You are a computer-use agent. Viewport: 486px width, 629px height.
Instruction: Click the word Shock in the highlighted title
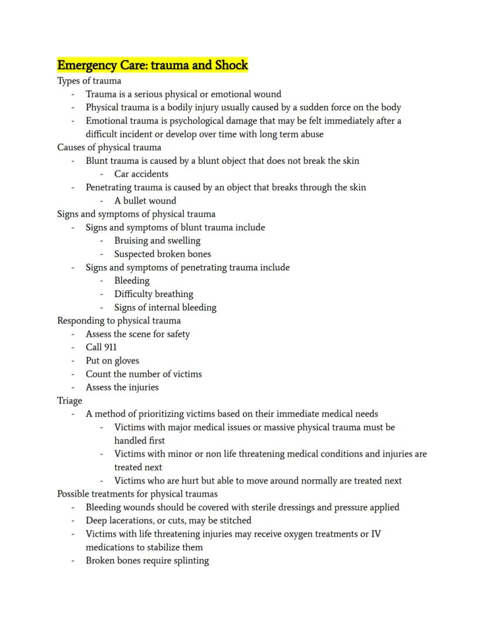(x=231, y=65)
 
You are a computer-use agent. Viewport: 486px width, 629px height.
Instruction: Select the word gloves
(x=126, y=361)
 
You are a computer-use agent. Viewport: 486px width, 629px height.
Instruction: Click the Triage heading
(x=69, y=401)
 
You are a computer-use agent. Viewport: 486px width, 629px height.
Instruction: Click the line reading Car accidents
(x=141, y=174)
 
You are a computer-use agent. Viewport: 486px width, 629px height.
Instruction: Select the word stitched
(x=234, y=520)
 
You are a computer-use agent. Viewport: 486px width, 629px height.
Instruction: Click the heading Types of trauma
(x=89, y=80)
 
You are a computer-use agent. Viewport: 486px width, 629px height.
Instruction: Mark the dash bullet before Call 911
(x=73, y=347)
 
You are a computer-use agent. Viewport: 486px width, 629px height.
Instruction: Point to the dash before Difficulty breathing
(x=102, y=294)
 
